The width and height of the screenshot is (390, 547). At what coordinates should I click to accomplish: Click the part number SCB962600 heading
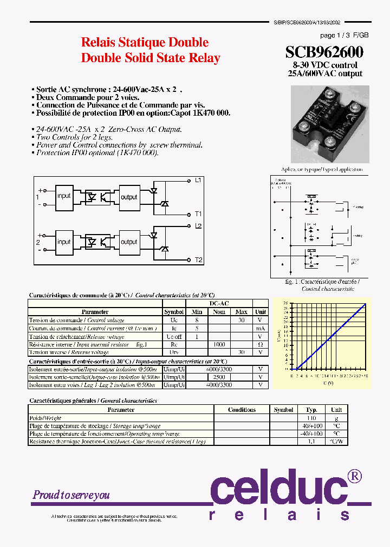point(324,52)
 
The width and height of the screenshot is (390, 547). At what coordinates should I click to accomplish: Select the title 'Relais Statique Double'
point(145,42)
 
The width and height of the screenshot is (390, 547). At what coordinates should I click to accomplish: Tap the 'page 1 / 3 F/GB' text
point(344,35)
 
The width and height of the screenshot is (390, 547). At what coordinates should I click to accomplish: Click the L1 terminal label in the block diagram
point(198,180)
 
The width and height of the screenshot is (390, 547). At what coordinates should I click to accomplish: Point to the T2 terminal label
point(198,260)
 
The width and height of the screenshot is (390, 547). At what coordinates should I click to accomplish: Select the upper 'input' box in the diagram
point(64,196)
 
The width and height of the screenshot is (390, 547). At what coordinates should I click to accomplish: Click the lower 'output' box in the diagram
point(129,242)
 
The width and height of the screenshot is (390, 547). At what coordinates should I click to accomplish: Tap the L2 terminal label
point(198,226)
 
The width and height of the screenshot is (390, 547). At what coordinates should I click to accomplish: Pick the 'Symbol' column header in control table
point(174,312)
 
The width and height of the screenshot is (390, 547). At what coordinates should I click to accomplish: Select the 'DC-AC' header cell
point(219,304)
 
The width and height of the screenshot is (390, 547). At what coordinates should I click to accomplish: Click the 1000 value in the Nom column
point(219,344)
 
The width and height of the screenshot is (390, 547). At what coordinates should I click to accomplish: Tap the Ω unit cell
point(261,344)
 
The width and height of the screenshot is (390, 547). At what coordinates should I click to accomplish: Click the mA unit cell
point(261,328)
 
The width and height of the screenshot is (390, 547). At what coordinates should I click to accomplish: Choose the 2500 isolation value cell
point(219,377)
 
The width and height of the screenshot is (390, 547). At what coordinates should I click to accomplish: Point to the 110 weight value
point(311,418)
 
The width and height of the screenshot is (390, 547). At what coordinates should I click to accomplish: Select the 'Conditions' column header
point(242,410)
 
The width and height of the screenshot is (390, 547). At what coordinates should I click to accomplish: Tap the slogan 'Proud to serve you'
point(71,495)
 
